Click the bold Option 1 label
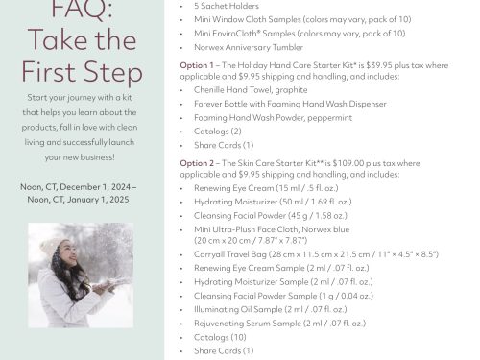pos(197,65)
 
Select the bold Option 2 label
pos(197,163)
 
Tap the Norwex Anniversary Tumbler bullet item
pos(249,47)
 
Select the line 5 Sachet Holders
pos(227,6)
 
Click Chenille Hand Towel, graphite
pos(251,90)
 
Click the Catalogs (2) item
pos(218,132)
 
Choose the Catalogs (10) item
pos(220,337)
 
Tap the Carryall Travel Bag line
pos(316,254)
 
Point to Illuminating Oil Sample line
pos(271,309)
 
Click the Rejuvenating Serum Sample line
pos(279,324)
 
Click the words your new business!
pos(80,157)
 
